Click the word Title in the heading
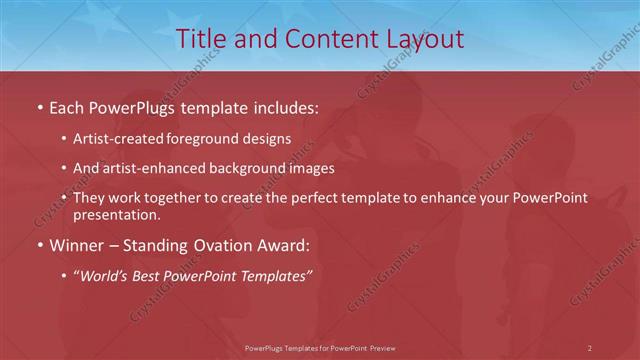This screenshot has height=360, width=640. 200,39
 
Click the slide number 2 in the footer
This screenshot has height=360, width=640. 589,347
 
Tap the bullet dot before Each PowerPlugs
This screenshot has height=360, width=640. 39,106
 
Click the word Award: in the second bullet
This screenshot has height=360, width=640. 285,244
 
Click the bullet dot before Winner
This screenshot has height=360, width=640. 39,244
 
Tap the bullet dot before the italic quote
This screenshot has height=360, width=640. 64,275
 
